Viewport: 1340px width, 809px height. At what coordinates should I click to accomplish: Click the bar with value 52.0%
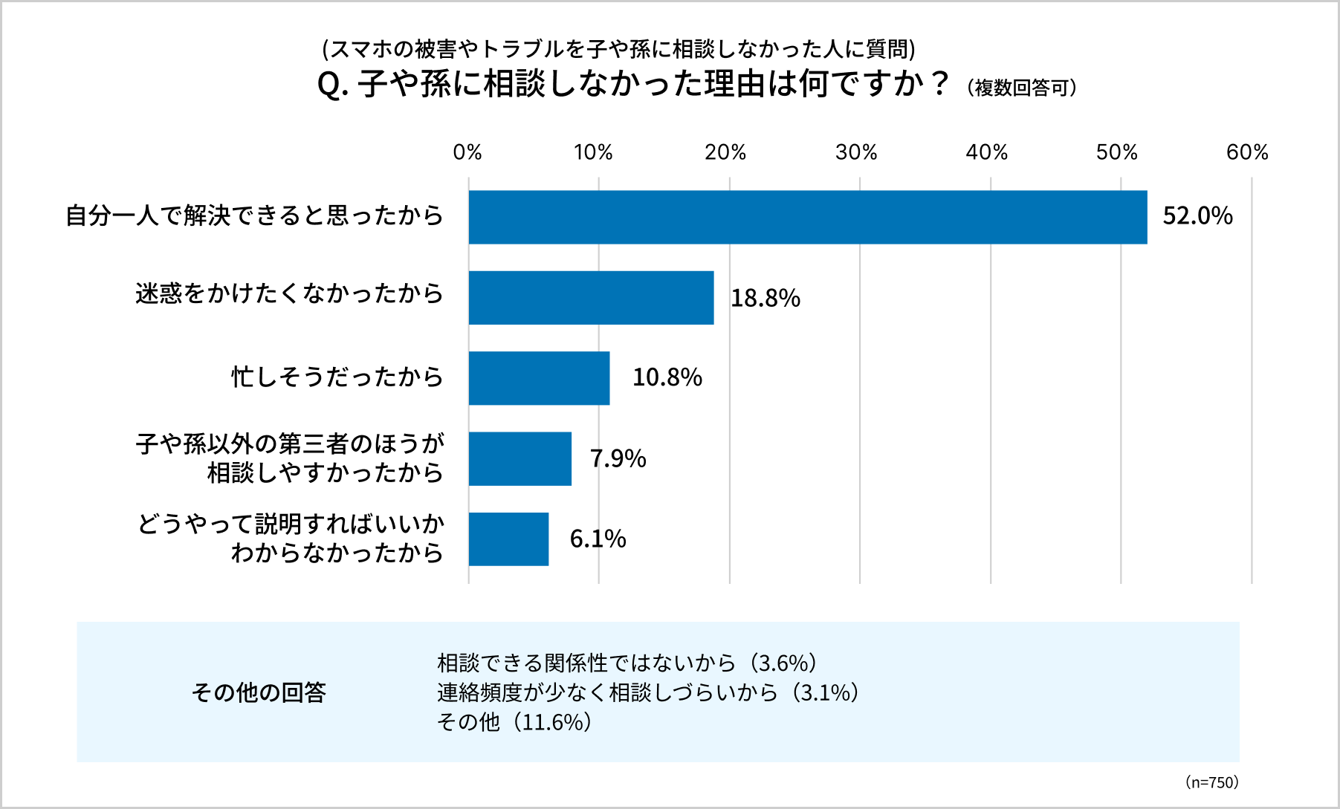(x=807, y=217)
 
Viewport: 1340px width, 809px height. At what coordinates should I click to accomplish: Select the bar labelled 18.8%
(x=591, y=298)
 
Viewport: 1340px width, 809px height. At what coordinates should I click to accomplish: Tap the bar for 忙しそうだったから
(x=539, y=378)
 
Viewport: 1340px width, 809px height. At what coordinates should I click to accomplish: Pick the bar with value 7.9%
(x=520, y=458)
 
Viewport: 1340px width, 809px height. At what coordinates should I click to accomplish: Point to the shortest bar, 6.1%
(x=508, y=539)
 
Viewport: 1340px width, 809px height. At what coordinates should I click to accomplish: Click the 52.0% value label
(x=1197, y=216)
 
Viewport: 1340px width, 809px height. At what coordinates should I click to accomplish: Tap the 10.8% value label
(x=667, y=377)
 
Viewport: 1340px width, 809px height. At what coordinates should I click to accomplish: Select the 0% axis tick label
(x=467, y=152)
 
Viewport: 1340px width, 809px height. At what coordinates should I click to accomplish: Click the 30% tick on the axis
(x=856, y=152)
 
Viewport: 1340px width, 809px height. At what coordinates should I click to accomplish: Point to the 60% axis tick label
(x=1247, y=152)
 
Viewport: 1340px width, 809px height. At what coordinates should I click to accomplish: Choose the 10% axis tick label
(x=593, y=152)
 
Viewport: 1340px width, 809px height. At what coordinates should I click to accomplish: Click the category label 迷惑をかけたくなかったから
(x=289, y=293)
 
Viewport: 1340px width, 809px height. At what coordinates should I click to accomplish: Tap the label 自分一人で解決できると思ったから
(x=254, y=215)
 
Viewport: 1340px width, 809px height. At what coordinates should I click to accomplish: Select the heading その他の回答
(x=259, y=692)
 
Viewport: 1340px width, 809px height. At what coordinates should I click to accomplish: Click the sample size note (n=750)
(x=1211, y=782)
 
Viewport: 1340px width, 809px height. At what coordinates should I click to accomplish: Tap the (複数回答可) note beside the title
(x=1022, y=88)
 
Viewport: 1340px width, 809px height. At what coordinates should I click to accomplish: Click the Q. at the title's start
(x=332, y=84)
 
